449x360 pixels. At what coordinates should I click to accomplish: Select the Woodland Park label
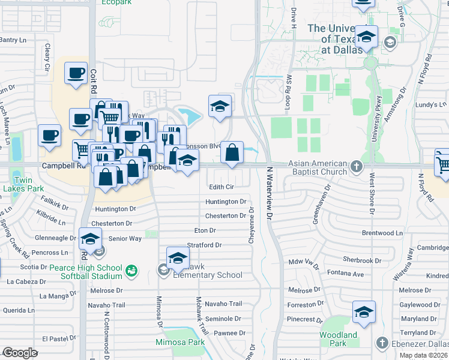click(338, 339)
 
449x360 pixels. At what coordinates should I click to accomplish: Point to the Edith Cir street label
click(221, 187)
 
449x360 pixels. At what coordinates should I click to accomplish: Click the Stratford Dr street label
click(205, 245)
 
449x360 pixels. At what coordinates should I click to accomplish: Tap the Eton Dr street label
click(205, 230)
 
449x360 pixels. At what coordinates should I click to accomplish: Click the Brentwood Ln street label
click(382, 233)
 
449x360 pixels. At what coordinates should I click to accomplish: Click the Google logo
click(20, 353)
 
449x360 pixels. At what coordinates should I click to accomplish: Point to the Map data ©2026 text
click(422, 355)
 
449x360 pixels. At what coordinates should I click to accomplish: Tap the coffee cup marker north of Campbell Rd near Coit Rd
click(76, 74)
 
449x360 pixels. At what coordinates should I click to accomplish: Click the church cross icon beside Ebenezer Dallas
click(381, 343)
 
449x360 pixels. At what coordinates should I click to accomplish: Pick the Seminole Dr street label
click(223, 319)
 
